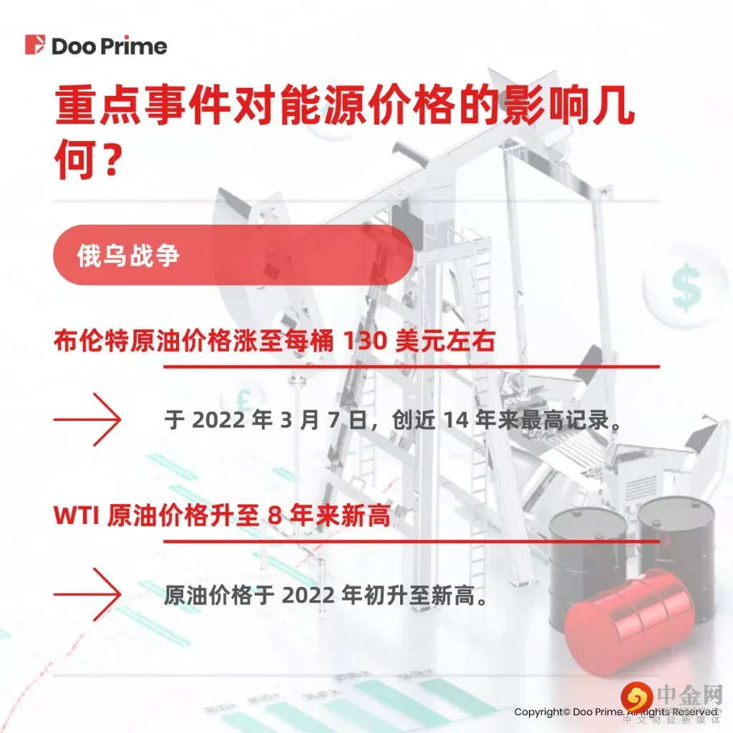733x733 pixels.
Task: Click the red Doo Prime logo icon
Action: tap(34, 45)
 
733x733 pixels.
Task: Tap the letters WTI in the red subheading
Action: tap(77, 516)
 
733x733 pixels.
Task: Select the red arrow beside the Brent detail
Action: tap(87, 419)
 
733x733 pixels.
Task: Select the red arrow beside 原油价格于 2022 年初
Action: tap(87, 594)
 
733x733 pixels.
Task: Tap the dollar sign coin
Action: tap(686, 288)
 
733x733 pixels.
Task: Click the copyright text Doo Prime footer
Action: tap(616, 712)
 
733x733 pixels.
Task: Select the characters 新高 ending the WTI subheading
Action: tap(372, 516)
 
